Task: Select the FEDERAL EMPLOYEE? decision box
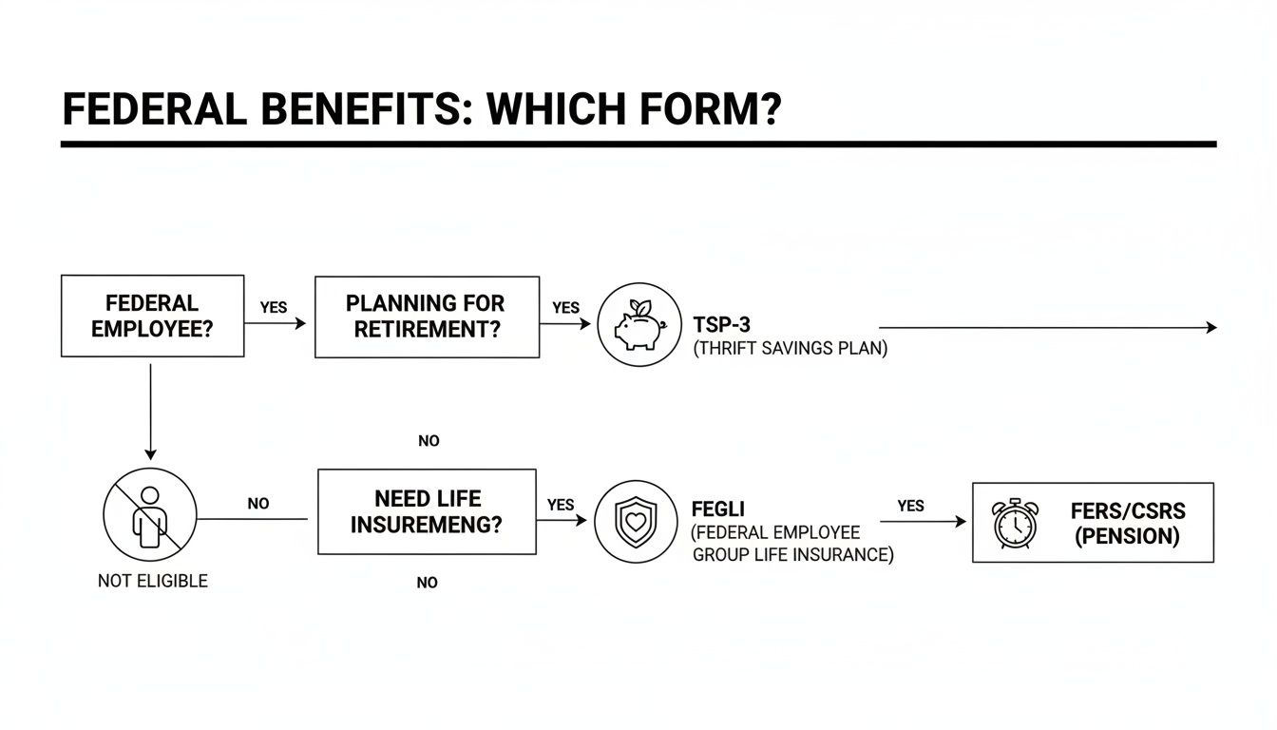(x=152, y=316)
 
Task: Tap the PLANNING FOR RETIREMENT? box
(x=427, y=317)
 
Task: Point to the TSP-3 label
(x=721, y=325)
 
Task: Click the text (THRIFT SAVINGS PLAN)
(x=790, y=349)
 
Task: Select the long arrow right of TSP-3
(x=1045, y=327)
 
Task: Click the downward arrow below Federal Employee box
(x=150, y=409)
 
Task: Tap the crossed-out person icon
(x=149, y=515)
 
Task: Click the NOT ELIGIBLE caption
(x=152, y=580)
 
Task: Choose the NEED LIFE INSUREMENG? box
(x=427, y=511)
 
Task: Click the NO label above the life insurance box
(x=429, y=441)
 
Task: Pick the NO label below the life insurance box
(x=428, y=583)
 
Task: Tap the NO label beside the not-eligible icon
(x=258, y=504)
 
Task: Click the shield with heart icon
(x=636, y=522)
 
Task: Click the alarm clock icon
(x=1016, y=523)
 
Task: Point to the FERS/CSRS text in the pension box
(x=1128, y=511)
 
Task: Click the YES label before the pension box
(x=910, y=506)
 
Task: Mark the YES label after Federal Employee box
(x=274, y=308)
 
